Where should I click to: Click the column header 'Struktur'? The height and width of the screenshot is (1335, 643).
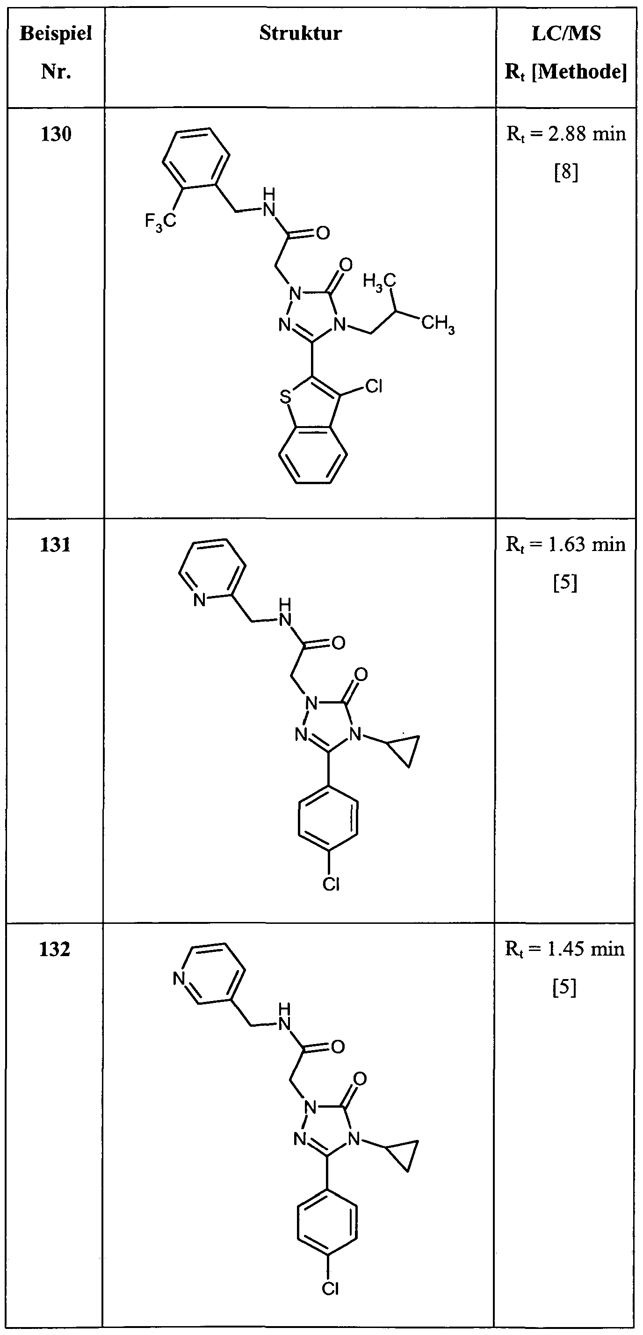click(x=301, y=34)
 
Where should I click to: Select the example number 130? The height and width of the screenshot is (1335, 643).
click(x=56, y=134)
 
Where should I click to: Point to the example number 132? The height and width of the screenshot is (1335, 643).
click(x=55, y=949)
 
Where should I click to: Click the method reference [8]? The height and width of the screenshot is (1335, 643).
click(x=566, y=173)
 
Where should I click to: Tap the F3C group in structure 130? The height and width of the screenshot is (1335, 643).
click(x=160, y=222)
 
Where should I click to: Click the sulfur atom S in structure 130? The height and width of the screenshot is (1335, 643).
click(x=284, y=398)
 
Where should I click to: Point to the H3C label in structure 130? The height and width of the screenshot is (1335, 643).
click(x=379, y=282)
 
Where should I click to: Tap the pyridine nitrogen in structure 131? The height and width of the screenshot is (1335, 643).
click(x=199, y=600)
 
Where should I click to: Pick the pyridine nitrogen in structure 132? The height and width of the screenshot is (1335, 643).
click(x=179, y=979)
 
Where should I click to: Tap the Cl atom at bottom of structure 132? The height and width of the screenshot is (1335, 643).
click(x=330, y=1288)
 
